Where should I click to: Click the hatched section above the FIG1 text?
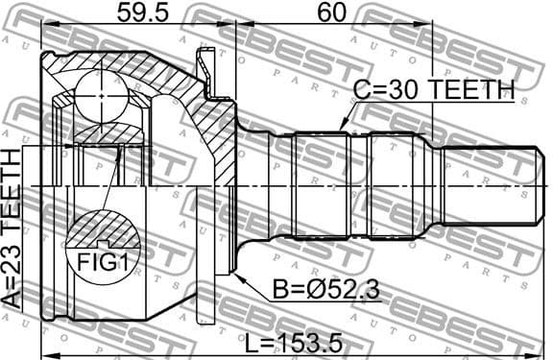tap(101, 228)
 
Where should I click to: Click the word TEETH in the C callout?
tap(470, 91)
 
